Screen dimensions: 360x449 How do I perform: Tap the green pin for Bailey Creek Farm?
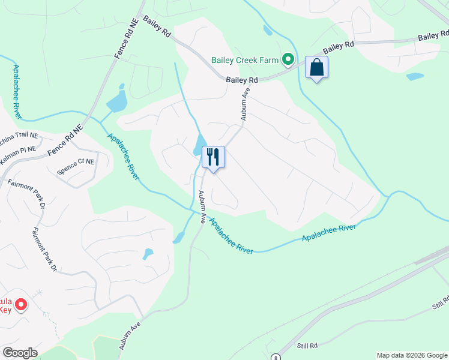[x=288, y=59]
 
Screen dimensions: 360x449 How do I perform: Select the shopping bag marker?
[x=316, y=68]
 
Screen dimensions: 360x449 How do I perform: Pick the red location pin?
[x=20, y=305]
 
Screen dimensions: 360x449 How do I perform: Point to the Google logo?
[x=20, y=353]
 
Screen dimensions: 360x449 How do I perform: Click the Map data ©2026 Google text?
[x=411, y=355]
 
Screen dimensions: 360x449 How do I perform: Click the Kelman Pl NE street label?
[x=20, y=149]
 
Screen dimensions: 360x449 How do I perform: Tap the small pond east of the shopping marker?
[x=414, y=77]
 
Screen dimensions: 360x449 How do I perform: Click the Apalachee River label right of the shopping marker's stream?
[x=328, y=233]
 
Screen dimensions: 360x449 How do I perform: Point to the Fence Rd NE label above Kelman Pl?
[x=65, y=143]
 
